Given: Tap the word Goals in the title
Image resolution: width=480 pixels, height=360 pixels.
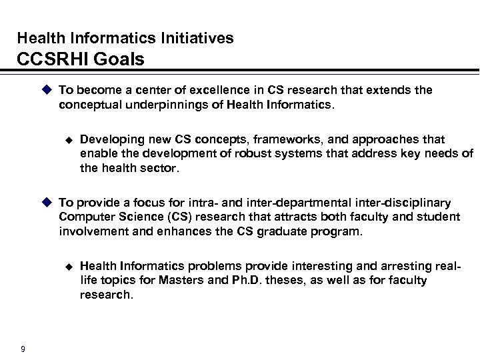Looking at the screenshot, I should point(120,60).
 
